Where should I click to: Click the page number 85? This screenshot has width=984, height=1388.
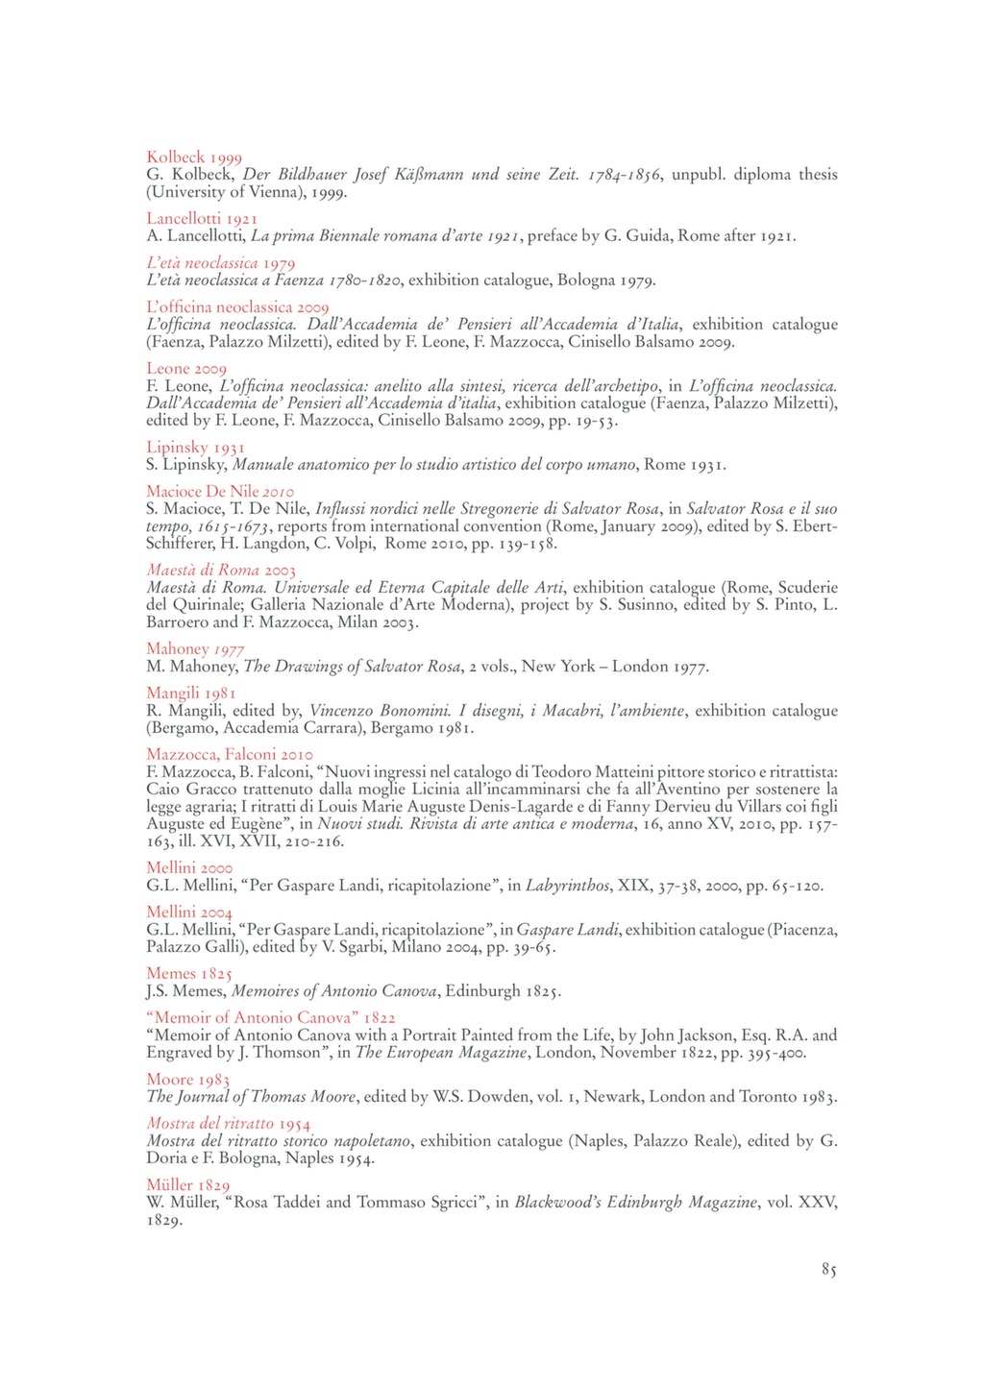click(x=828, y=1270)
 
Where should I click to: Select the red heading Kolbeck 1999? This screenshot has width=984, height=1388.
click(x=194, y=158)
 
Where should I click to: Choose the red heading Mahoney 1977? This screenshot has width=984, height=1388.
click(x=195, y=649)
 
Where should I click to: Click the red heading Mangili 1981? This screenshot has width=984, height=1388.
click(x=191, y=694)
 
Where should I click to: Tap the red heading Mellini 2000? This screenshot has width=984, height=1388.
click(x=189, y=868)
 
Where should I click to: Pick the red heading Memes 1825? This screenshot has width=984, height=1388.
click(x=189, y=974)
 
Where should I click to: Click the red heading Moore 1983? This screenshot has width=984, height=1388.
click(x=187, y=1080)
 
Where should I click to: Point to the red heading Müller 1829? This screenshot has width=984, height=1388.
click(x=188, y=1185)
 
